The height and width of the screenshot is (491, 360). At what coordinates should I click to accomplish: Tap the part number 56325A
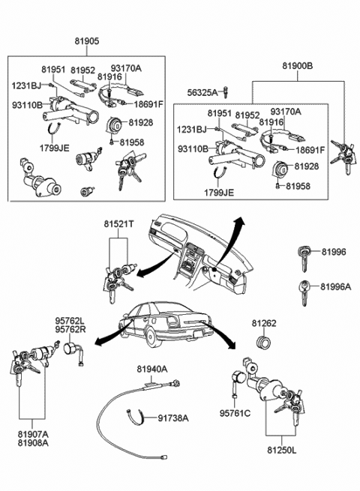coord(202,92)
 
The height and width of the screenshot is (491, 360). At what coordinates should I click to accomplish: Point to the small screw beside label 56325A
coord(225,93)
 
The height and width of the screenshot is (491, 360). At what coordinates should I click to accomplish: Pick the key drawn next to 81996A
coord(304,287)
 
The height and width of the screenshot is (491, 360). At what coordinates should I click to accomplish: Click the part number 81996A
coord(335,287)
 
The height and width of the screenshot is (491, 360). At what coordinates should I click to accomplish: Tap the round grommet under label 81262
coord(264,343)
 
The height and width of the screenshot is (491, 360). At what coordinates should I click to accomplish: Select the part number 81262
coord(264,325)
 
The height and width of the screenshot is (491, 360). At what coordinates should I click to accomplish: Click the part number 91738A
coord(172,418)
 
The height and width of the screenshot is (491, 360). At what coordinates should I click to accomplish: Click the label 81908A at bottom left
coord(32,442)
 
